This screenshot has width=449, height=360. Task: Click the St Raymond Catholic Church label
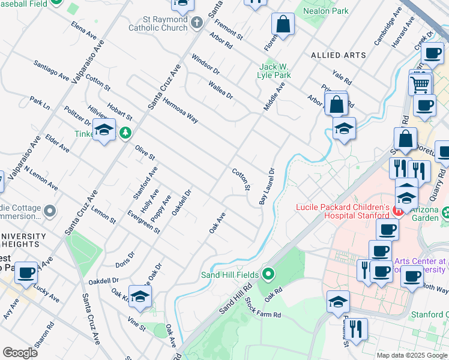pyautogui.click(x=160, y=23)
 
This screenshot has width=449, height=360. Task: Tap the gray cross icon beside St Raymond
pyautogui.click(x=197, y=23)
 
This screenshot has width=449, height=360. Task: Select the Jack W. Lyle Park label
pyautogui.click(x=274, y=71)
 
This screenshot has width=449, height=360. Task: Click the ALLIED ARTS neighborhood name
pyautogui.click(x=339, y=55)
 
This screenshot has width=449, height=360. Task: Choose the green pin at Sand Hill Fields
pyautogui.click(x=268, y=275)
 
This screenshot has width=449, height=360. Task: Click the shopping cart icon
pyautogui.click(x=421, y=83)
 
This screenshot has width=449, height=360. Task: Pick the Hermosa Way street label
pyautogui.click(x=181, y=110)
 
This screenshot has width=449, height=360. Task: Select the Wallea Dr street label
pyautogui.click(x=220, y=91)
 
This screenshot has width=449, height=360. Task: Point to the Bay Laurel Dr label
pyautogui.click(x=267, y=186)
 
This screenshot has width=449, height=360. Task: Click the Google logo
pyautogui.click(x=20, y=353)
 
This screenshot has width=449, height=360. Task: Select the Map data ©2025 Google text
pyautogui.click(x=411, y=355)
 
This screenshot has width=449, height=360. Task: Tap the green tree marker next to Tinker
pyautogui.click(x=125, y=133)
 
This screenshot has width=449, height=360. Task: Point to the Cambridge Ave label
pyautogui.click(x=387, y=27)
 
